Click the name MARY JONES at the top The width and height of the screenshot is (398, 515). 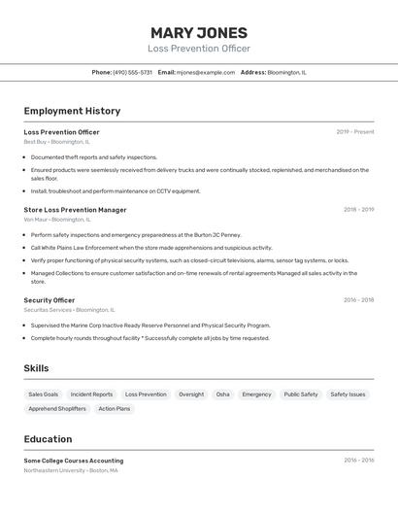coord(199,32)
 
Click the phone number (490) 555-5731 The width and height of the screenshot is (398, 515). coord(132,72)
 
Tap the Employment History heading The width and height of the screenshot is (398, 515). coord(72,111)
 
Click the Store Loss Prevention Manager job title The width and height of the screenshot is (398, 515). coord(75,209)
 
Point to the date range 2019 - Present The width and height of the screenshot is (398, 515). coord(354,131)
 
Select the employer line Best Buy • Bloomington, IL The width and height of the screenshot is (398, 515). coord(56,142)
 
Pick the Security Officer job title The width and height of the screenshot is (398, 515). coord(49,300)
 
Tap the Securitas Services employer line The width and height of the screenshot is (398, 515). coord(66,310)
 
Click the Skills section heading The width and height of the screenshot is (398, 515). coord(36,368)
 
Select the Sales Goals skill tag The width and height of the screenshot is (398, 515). coord(43,395)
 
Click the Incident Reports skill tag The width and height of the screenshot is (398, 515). coord(91,395)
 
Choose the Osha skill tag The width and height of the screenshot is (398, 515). coord(223,395)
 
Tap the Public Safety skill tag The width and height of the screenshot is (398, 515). coord(301,395)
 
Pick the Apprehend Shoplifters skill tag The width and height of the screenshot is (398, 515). coord(57,409)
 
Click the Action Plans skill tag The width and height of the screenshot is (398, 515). coord(115,409)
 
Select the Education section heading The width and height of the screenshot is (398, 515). coord(48,439)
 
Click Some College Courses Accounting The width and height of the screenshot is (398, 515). coord(74,460)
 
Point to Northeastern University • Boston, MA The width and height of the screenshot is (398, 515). coord(71,470)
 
